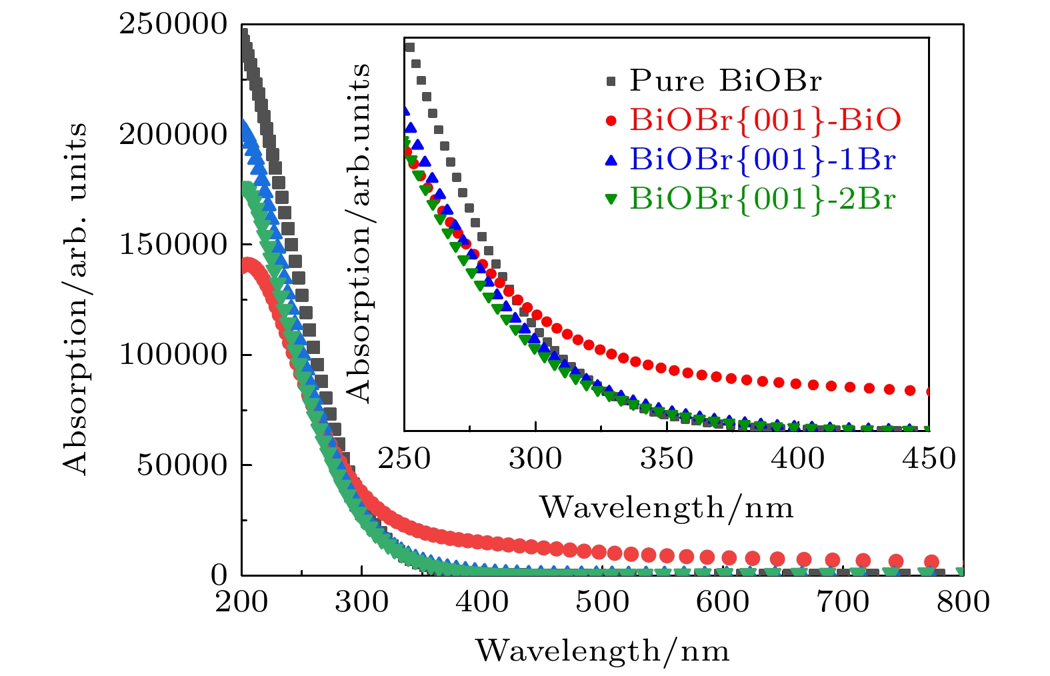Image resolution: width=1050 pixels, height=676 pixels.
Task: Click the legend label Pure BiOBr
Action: pos(725,81)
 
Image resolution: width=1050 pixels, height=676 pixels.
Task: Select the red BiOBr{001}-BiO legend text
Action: pos(765,121)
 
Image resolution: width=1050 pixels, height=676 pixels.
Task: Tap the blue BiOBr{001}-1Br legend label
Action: pos(762,160)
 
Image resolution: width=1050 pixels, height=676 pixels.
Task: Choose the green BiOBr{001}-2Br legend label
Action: pos(762,199)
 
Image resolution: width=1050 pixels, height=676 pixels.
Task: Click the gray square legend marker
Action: pos(611,82)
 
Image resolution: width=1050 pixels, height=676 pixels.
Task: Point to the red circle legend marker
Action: pos(611,121)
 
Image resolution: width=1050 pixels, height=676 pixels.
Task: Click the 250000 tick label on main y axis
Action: pos(173,25)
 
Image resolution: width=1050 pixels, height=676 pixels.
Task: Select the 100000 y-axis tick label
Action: pos(173,355)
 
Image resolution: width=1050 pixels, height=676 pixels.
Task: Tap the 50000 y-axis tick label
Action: pos(182,465)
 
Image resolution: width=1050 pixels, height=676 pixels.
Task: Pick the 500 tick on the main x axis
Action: pos(603,602)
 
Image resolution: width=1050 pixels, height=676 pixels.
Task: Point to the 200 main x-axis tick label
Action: pos(241,602)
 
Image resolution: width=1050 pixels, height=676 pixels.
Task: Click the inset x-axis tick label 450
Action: pos(929,459)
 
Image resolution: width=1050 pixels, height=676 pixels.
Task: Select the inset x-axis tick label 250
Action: pos(404,459)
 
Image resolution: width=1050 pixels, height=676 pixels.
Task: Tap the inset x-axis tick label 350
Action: pos(667,459)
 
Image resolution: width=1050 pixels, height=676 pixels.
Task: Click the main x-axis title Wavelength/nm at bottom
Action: pos(602,651)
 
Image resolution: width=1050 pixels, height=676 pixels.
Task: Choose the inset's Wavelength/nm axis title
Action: pos(666,508)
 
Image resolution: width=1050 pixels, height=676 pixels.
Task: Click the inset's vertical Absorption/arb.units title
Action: pos(359,233)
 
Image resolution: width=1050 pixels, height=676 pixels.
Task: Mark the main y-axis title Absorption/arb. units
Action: pos(76,299)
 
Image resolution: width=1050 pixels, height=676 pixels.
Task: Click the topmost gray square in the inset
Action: pos(410,47)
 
